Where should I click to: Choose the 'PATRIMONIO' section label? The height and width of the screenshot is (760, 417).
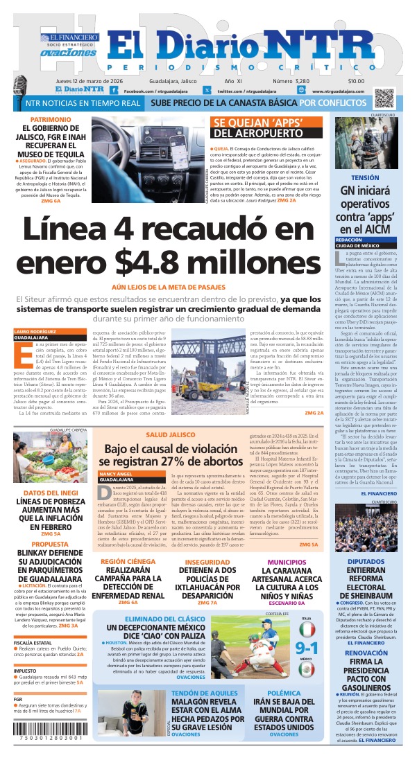51,120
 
